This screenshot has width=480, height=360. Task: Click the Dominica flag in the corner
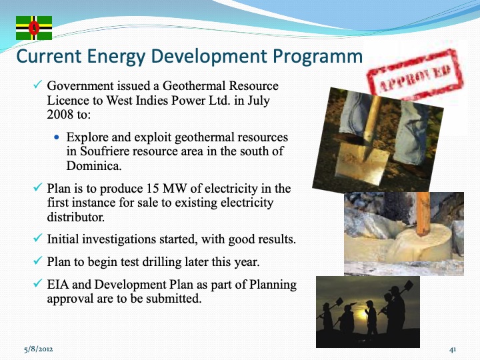tap(34, 27)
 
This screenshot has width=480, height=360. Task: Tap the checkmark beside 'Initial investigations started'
tap(38, 238)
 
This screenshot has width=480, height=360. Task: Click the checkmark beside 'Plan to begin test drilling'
tap(38, 261)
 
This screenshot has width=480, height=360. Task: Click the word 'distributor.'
tap(73, 217)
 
